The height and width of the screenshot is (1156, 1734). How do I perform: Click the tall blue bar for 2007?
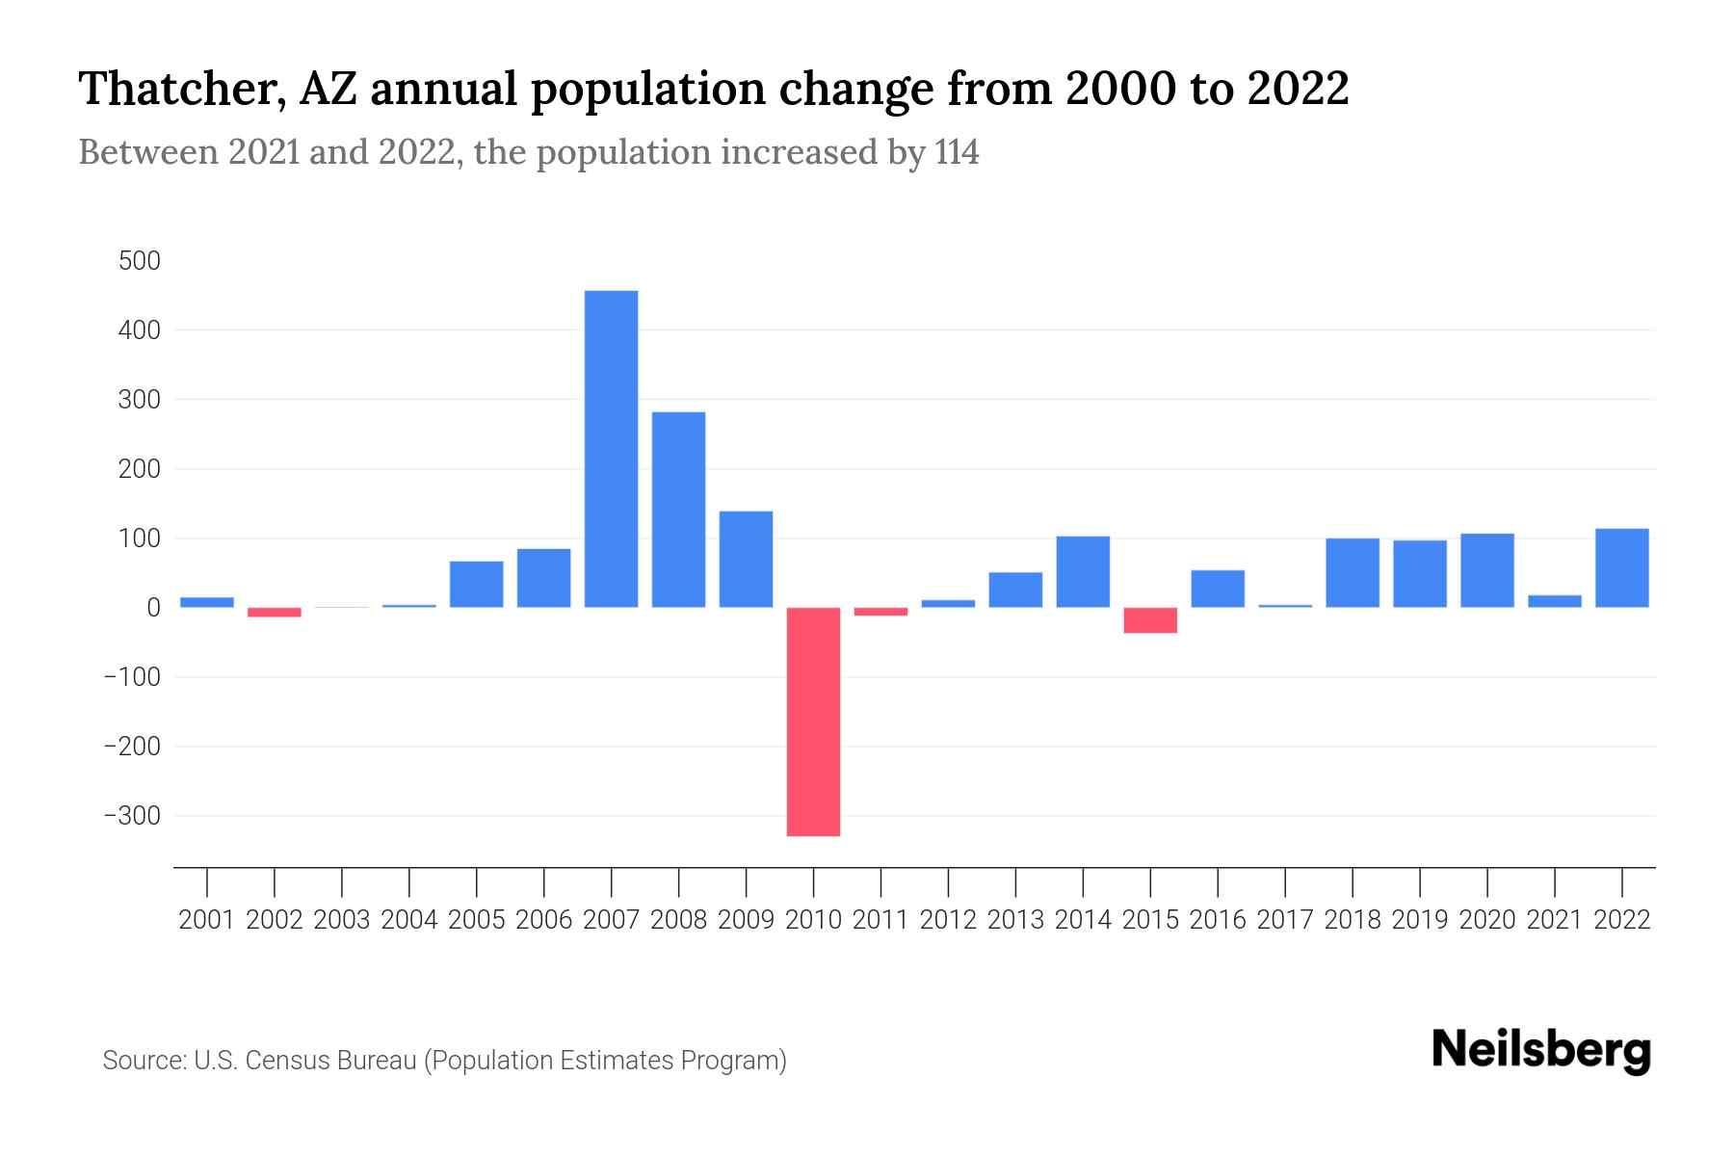(611, 449)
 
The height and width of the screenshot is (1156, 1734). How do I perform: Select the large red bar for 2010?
(813, 722)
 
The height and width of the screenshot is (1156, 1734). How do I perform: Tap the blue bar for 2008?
(678, 510)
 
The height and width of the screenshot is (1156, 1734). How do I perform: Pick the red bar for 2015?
(1150, 620)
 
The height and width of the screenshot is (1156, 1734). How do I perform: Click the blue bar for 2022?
(1621, 568)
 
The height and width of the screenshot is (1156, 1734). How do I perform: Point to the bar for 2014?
(1083, 572)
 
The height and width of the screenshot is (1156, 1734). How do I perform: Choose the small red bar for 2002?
(275, 613)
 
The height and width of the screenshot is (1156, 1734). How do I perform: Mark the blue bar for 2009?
(746, 559)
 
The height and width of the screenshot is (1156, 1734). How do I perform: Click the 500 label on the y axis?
(140, 261)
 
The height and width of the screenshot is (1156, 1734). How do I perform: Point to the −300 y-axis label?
(132, 816)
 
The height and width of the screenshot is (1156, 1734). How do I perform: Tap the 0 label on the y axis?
(153, 608)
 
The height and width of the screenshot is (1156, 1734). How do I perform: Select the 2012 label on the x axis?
(948, 920)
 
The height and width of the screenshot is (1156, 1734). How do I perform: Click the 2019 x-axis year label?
(1419, 920)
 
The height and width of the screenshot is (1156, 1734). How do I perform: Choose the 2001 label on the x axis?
(207, 920)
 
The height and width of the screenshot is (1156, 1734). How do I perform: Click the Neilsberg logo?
(1541, 1050)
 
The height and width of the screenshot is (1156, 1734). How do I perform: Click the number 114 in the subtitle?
(956, 152)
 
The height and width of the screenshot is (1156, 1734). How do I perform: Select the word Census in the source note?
(281, 1061)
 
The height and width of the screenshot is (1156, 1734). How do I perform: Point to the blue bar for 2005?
(476, 584)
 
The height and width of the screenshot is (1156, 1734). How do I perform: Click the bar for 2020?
(1486, 570)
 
